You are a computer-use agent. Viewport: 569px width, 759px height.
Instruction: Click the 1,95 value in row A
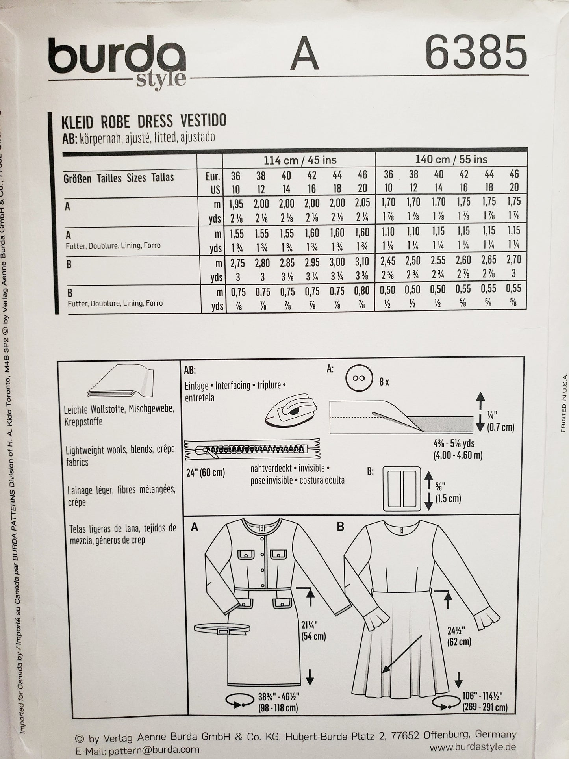[x=235, y=204]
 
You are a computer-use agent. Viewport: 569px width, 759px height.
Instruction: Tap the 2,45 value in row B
[x=388, y=260]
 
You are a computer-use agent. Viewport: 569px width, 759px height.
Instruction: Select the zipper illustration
[x=252, y=449]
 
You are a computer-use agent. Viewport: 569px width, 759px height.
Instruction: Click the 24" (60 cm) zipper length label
[x=206, y=472]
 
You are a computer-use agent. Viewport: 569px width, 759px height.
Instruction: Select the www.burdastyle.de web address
[x=473, y=747]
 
